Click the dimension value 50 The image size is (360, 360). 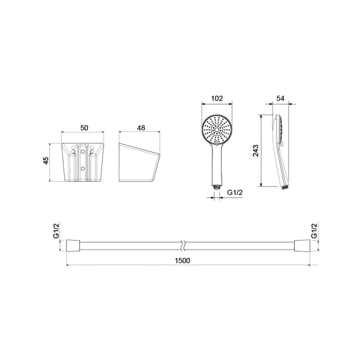(84, 128)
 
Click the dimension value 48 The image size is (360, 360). (141, 128)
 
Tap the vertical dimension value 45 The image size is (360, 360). (46, 160)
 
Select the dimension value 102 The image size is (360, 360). (217, 98)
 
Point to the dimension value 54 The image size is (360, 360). (280, 98)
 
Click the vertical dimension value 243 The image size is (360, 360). (256, 151)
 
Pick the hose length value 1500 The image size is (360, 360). (182, 261)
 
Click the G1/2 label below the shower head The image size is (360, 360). (235, 193)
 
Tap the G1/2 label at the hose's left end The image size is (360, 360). (56, 231)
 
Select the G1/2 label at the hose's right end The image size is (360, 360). (314, 231)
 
